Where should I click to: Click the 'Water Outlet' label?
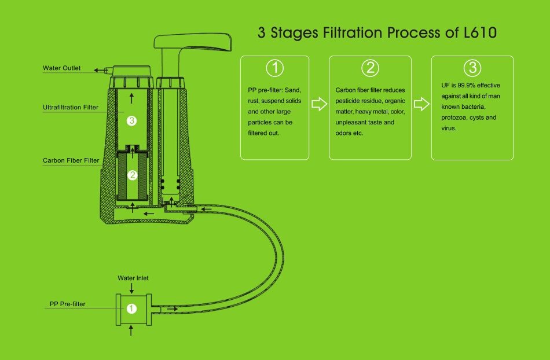pyautogui.click(x=61, y=68)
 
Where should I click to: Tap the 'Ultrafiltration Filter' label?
pyautogui.click(x=70, y=107)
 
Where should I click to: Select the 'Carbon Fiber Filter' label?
pyautogui.click(x=71, y=160)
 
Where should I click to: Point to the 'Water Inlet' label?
pyautogui.click(x=133, y=278)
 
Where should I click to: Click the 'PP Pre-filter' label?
pyautogui.click(x=68, y=304)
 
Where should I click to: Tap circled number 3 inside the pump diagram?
pyautogui.click(x=132, y=121)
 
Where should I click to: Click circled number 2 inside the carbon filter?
pyautogui.click(x=132, y=175)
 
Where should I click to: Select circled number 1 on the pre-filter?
pyautogui.click(x=131, y=309)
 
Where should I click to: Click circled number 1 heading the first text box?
pyautogui.click(x=274, y=68)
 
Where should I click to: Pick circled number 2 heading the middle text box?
pyautogui.click(x=370, y=68)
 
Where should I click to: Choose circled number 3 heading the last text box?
pyautogui.click(x=472, y=68)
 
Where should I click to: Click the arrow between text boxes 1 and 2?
pyautogui.click(x=319, y=104)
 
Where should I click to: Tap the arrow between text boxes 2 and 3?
pyautogui.click(x=421, y=104)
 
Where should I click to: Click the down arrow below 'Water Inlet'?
pyautogui.click(x=132, y=288)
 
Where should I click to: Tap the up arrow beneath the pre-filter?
pyautogui.click(x=132, y=330)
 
